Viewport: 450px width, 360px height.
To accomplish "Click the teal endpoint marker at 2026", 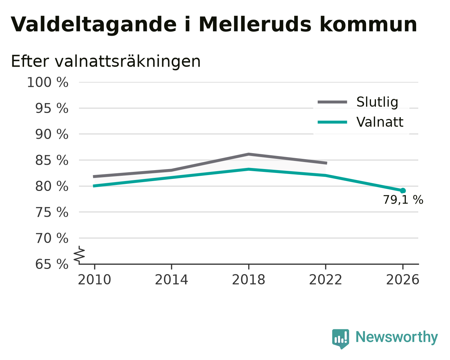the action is [x=403, y=191].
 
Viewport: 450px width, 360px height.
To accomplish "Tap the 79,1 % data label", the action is [x=403, y=200].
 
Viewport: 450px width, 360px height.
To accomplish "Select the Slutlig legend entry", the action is [x=358, y=102].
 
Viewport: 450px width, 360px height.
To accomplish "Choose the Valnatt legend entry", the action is [x=360, y=122].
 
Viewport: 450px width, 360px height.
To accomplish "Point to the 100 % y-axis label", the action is [x=48, y=82].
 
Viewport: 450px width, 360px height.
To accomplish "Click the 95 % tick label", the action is [x=51, y=108].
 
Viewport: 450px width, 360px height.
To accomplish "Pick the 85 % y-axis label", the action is [x=51, y=160].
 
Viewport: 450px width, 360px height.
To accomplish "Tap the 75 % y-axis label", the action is [x=51, y=212].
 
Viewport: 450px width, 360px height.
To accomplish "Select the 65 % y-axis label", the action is [x=51, y=264].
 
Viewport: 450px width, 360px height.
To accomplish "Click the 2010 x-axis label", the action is [x=94, y=280].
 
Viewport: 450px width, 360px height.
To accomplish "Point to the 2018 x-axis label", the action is [x=248, y=280].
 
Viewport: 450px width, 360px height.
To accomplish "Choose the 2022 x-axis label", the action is [x=326, y=280].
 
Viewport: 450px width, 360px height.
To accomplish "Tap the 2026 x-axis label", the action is [x=402, y=280].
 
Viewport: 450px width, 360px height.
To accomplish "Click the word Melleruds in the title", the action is [x=255, y=24].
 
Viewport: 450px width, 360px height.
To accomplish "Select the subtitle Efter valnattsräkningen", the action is [x=105, y=61].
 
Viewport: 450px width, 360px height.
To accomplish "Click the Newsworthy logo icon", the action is [x=341, y=339].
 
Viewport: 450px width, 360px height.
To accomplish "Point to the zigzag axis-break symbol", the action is [x=79, y=255].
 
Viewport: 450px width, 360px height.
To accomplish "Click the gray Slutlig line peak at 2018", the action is [x=248, y=154].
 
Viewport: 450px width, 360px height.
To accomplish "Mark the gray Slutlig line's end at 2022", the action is [x=327, y=163].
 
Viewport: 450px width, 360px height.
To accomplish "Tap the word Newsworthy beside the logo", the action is [x=397, y=337].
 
